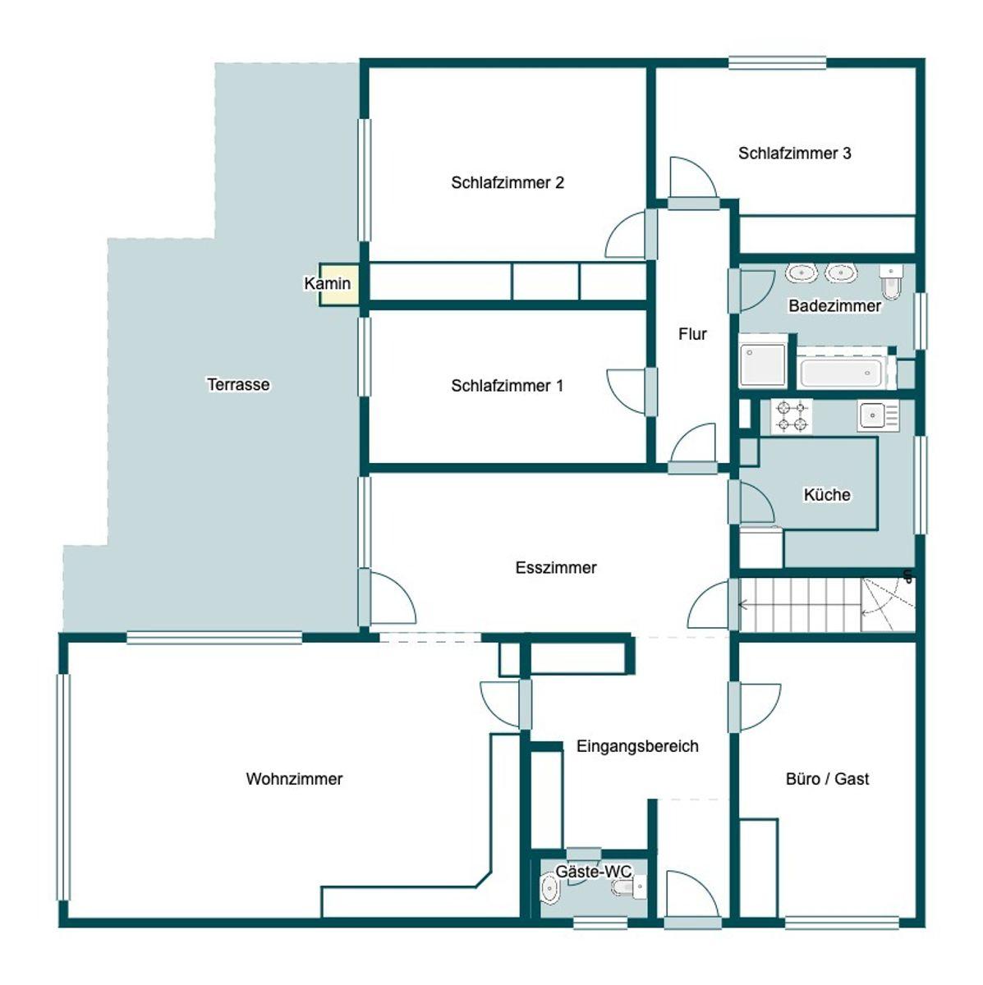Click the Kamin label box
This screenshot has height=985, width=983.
338,284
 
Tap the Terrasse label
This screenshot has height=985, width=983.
238,384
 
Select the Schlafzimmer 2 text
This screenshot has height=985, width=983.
508,182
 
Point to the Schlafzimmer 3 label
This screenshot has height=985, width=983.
794,153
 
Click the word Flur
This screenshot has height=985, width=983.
692,334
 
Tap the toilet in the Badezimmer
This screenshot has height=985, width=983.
891,282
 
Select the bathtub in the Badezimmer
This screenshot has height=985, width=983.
839,373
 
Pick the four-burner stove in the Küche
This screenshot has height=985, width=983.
791,417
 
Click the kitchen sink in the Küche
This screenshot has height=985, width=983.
878,415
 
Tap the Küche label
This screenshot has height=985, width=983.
827,495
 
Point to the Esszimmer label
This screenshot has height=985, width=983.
556,567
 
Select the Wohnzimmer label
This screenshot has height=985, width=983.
294,778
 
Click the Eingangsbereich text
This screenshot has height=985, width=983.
637,746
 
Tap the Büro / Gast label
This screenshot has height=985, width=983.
827,778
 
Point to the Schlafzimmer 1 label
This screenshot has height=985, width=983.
507,386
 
